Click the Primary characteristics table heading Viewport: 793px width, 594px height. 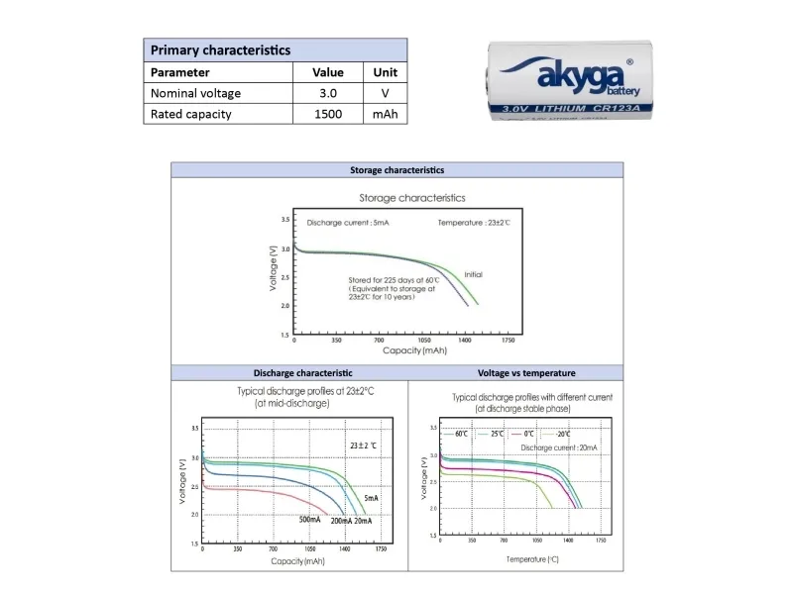(220, 49)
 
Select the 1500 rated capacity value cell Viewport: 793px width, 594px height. (328, 114)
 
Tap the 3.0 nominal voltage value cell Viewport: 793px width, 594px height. (328, 93)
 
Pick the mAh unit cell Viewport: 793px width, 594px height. (385, 114)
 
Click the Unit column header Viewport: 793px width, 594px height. (385, 72)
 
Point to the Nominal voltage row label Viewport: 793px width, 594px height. (195, 93)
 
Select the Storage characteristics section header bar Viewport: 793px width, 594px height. (397, 170)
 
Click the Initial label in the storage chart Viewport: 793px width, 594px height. (473, 274)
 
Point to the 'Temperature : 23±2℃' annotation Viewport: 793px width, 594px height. (474, 223)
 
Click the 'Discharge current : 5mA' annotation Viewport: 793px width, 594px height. (348, 223)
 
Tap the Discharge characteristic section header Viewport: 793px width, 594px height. (288, 373)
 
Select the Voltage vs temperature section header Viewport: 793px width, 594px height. (526, 373)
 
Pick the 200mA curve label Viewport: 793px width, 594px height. (340, 521)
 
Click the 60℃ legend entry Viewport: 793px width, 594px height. (460, 434)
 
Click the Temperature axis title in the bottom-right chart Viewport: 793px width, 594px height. (532, 559)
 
